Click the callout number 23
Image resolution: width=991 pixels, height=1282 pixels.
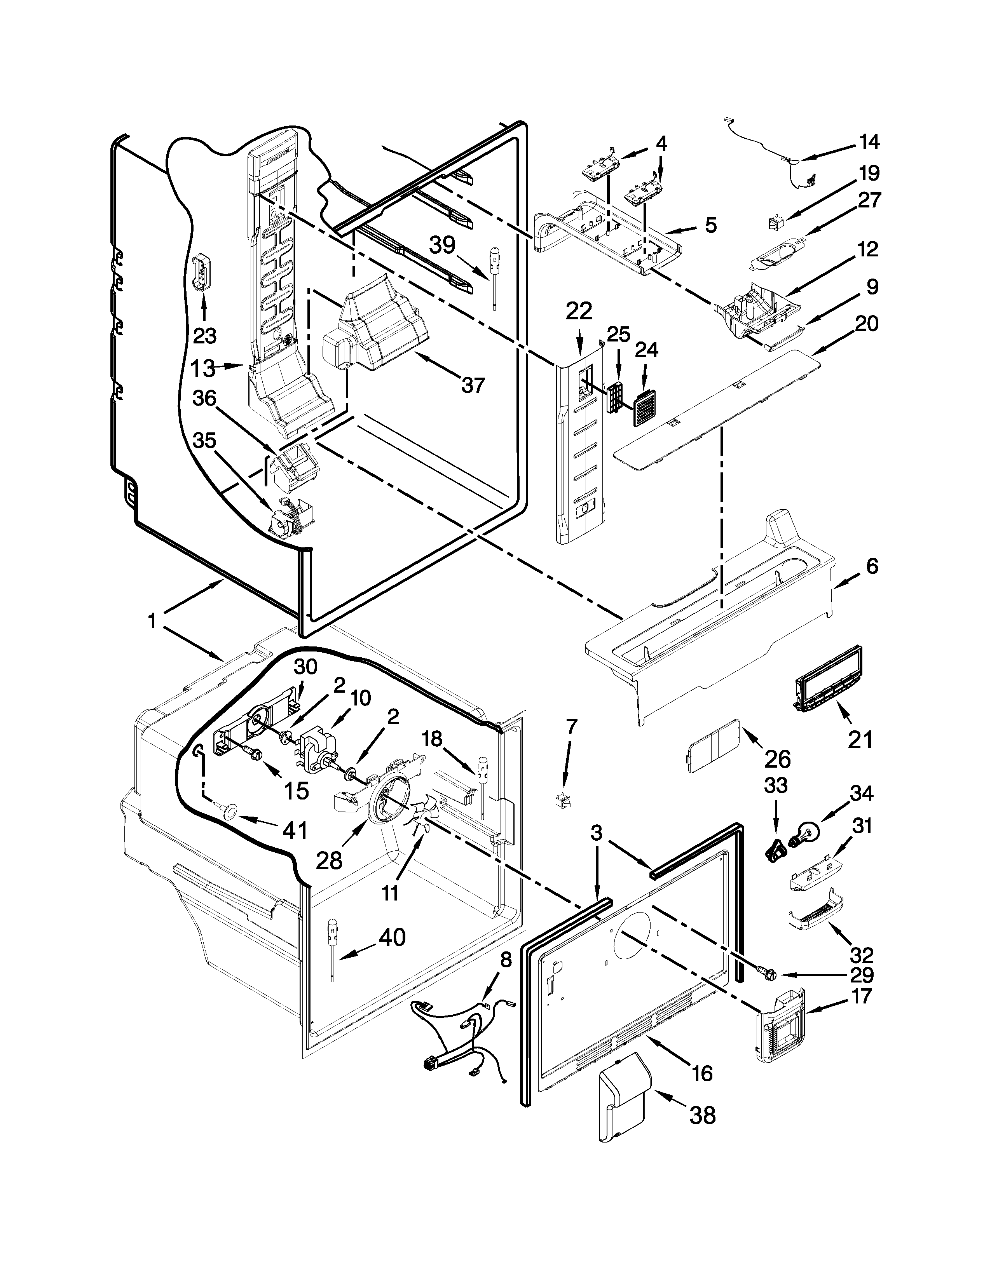point(204,336)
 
